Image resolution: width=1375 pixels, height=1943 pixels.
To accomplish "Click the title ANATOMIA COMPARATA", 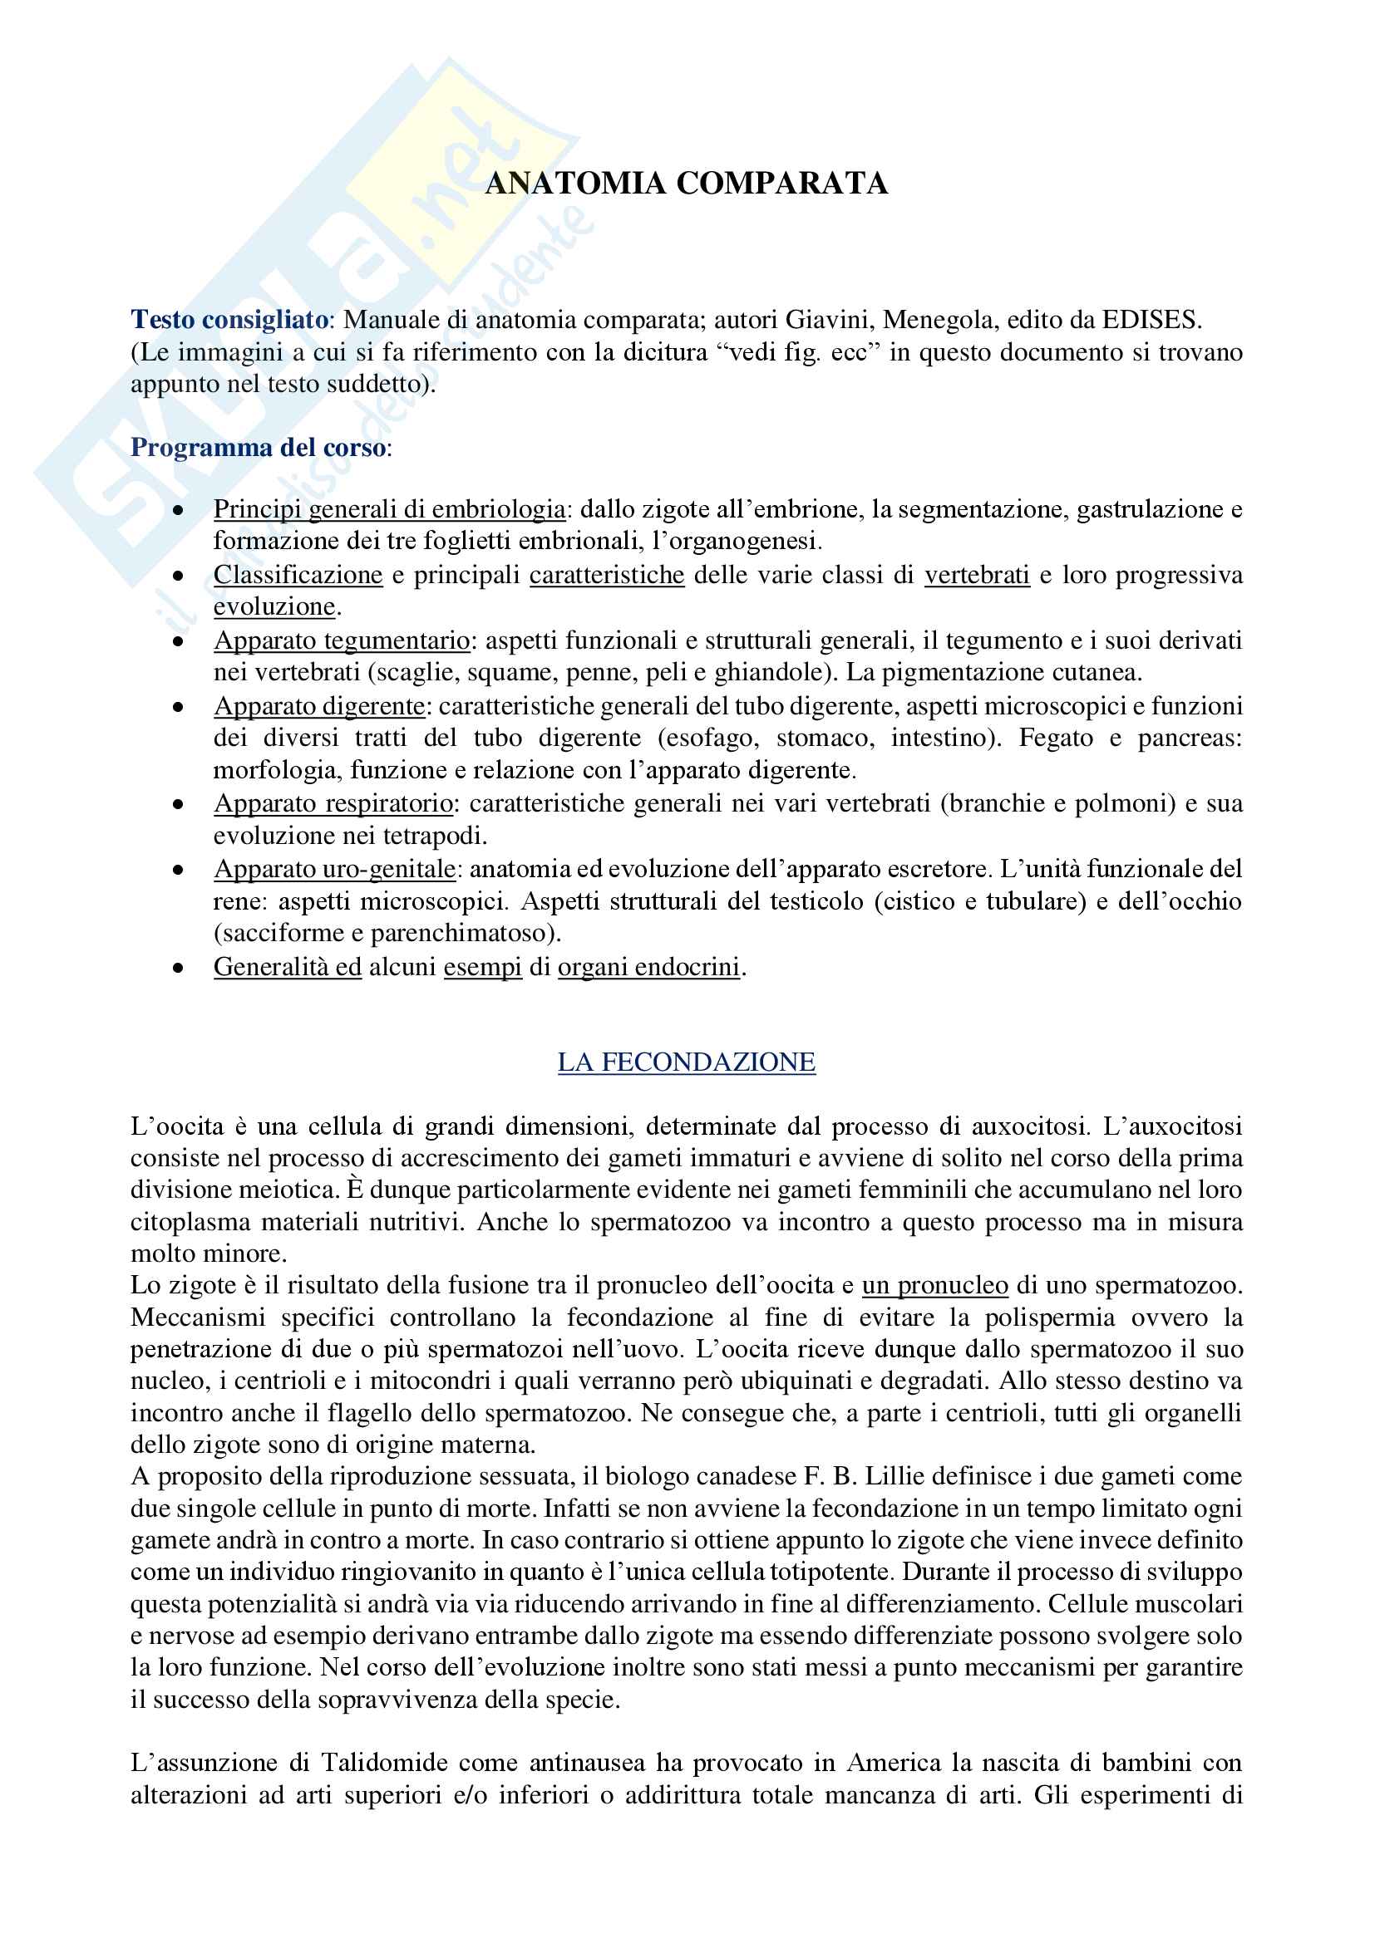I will [686, 184].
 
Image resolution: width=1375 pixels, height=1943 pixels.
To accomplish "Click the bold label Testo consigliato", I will [229, 320].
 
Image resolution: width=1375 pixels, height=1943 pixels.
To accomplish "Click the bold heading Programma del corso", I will [259, 448].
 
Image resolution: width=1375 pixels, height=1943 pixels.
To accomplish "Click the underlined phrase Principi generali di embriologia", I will [389, 509].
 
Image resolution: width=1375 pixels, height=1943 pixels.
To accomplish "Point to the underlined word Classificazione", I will [298, 575].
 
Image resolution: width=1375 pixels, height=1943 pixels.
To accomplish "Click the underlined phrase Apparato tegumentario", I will [341, 640].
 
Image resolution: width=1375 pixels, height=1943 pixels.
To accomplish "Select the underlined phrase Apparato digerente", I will [319, 706].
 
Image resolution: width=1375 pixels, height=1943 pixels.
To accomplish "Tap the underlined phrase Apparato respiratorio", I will [333, 803].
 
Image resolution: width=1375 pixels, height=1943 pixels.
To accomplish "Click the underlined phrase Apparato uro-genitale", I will [334, 869].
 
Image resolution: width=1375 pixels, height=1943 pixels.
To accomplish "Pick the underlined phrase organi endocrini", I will [648, 966].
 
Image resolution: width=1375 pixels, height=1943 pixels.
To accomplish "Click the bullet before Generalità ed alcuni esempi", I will [178, 967].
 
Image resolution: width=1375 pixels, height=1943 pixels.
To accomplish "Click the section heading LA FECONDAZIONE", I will [686, 1062].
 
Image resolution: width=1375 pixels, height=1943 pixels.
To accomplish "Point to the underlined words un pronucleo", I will [934, 1285].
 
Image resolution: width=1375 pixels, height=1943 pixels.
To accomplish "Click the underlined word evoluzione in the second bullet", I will [274, 606].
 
